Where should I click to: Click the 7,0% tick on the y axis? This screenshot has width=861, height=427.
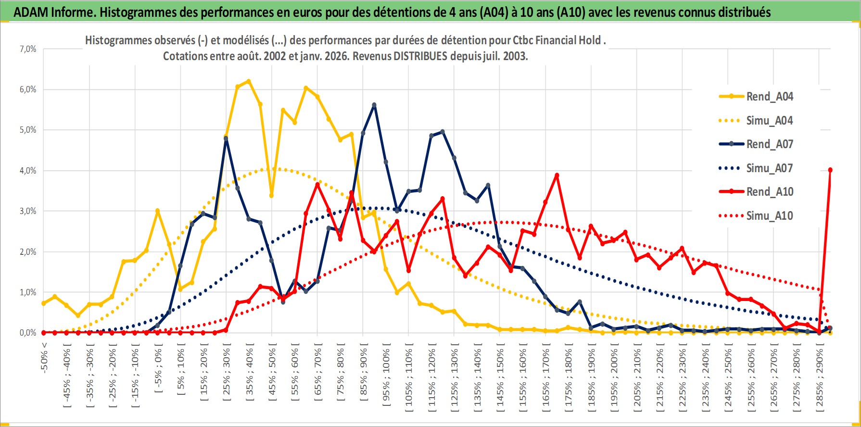(x=28, y=49)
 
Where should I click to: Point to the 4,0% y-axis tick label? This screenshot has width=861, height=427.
(x=28, y=171)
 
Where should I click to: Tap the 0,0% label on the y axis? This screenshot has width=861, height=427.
(x=28, y=333)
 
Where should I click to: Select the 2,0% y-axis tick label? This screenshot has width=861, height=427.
(x=28, y=252)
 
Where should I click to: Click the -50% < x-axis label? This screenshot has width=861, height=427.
(x=44, y=356)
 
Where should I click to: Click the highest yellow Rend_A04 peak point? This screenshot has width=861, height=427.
(x=249, y=81)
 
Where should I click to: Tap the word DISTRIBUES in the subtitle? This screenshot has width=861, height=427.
(x=420, y=56)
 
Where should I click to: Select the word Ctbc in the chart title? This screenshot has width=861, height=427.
(x=522, y=40)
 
